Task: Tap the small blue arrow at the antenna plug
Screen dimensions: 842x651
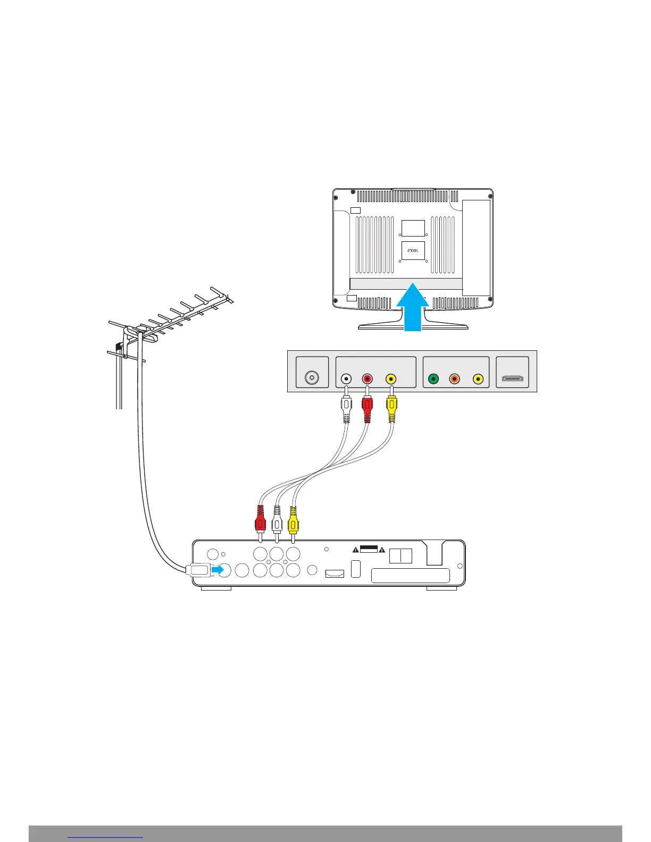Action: (x=218, y=570)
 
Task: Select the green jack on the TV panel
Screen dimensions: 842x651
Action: (x=433, y=379)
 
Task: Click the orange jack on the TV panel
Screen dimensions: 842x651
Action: (x=455, y=379)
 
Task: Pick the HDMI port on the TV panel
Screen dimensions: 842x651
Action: (x=512, y=379)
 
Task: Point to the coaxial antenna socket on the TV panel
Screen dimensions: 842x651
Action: (x=312, y=378)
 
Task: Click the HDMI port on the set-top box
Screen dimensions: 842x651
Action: (x=335, y=574)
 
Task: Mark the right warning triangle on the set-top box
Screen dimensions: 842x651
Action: (x=381, y=549)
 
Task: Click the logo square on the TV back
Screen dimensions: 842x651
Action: (x=413, y=250)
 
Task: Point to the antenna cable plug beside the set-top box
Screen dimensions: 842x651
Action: (x=198, y=570)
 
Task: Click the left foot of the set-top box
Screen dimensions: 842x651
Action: (x=216, y=588)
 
